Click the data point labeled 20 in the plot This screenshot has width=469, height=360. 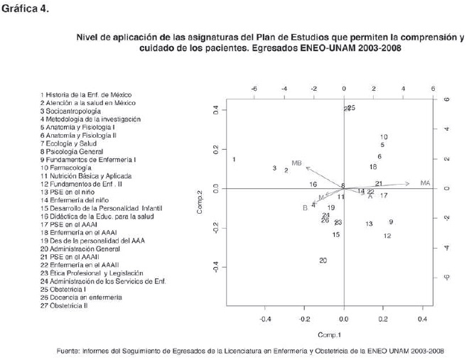click(x=323, y=261)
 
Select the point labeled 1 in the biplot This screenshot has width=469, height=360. click(x=234, y=160)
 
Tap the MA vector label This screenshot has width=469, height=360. click(x=426, y=183)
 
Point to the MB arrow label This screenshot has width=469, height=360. click(x=297, y=164)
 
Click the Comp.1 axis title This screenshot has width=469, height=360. click(x=330, y=334)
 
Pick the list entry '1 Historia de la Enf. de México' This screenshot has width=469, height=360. click(x=86, y=94)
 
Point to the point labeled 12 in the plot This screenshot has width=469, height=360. click(x=387, y=236)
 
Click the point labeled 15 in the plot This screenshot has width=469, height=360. click(x=335, y=234)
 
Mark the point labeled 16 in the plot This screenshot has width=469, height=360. click(x=313, y=185)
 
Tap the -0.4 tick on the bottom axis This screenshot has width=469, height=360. click(x=265, y=319)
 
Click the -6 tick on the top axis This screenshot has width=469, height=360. click(x=254, y=89)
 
